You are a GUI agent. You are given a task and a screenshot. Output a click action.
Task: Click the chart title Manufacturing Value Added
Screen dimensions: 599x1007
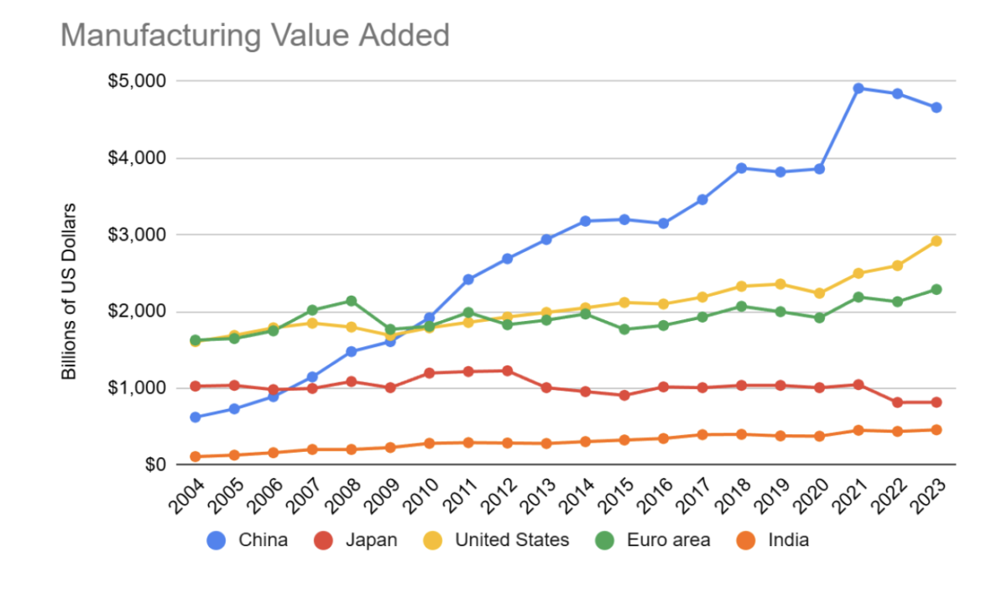[255, 35]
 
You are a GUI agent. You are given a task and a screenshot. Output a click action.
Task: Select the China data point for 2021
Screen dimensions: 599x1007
[858, 88]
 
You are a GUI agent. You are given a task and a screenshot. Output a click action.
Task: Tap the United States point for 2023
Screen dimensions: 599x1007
[937, 241]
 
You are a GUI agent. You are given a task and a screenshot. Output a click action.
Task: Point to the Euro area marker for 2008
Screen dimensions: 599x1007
[352, 301]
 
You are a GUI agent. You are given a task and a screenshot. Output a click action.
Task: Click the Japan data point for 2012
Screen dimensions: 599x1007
[508, 370]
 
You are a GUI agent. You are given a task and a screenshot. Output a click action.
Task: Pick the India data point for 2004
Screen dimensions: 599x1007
[196, 457]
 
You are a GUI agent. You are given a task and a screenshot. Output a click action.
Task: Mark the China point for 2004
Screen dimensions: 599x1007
[196, 417]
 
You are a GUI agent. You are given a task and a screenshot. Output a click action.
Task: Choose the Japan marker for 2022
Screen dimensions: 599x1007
[898, 402]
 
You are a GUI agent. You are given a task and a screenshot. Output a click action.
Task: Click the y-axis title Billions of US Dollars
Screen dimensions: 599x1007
[70, 291]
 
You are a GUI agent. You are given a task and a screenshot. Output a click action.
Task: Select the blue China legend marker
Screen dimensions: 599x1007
[217, 540]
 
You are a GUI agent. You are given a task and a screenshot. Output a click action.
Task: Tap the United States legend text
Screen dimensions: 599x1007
[511, 540]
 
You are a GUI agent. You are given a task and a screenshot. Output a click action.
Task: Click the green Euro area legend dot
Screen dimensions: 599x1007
[606, 540]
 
